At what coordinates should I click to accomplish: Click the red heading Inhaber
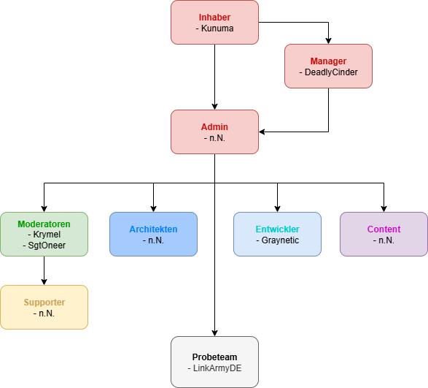[214, 18]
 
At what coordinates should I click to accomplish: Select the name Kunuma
[217, 28]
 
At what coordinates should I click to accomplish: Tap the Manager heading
[328, 61]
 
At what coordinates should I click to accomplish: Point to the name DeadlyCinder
[331, 72]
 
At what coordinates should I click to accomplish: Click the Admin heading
[214, 127]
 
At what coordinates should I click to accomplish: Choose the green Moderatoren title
[44, 224]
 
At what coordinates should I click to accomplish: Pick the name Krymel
[47, 235]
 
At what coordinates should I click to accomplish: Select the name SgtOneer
[47, 246]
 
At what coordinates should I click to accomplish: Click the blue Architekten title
[153, 229]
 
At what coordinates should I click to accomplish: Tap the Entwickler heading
[277, 229]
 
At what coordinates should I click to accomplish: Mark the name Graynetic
[280, 240]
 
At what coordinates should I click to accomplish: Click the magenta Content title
[384, 229]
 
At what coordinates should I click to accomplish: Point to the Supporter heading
[44, 303]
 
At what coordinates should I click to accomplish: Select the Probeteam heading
[214, 357]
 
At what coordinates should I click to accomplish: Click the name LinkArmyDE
[217, 368]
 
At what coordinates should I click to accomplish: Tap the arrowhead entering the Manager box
[328, 41]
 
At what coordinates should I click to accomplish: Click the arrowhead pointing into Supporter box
[44, 282]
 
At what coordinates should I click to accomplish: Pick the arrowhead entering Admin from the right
[262, 132]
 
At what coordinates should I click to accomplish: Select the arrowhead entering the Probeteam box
[214, 333]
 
